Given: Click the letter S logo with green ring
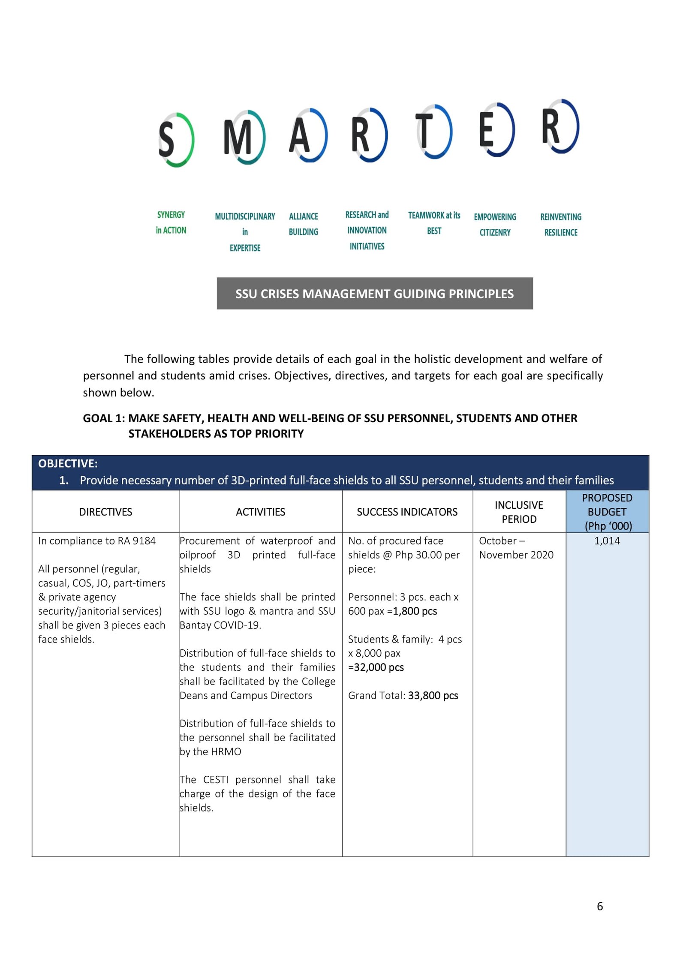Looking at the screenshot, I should (x=176, y=139).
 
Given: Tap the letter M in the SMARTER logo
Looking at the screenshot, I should (x=244, y=137).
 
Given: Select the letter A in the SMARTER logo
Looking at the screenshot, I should (x=307, y=135).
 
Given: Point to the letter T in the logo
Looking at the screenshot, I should (x=433, y=131).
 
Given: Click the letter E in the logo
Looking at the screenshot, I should (x=496, y=129).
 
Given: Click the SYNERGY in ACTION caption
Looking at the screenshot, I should (x=171, y=222).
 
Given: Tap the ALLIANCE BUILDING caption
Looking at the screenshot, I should (x=303, y=224).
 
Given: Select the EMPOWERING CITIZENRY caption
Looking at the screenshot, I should (x=495, y=225).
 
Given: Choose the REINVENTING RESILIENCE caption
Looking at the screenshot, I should (x=560, y=225).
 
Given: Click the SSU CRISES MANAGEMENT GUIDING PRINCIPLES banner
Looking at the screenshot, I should (x=374, y=294).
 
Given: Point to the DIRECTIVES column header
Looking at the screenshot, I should (x=105, y=512).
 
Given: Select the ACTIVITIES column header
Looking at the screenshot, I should (x=260, y=512).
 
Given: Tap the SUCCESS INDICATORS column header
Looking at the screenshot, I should (x=407, y=512).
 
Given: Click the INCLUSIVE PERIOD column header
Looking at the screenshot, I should (x=519, y=512).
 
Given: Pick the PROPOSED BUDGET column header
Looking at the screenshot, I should (x=607, y=512).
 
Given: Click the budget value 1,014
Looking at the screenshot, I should (x=607, y=541).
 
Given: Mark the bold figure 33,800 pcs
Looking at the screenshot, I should (x=433, y=695).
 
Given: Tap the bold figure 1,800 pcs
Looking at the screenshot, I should (x=415, y=611).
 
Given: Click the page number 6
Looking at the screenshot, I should (x=599, y=906).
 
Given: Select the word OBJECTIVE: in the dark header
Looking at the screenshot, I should (x=68, y=463).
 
